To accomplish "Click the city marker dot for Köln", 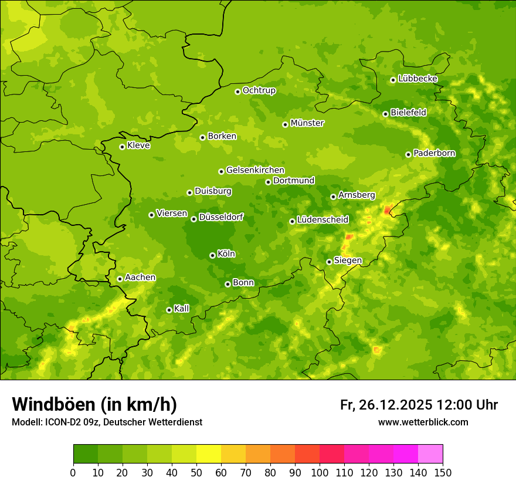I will [x=212, y=255].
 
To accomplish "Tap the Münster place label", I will [x=307, y=123].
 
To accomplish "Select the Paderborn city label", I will [x=434, y=153].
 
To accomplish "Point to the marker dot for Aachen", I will [x=120, y=279].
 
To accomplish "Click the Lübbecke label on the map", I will [x=417, y=79].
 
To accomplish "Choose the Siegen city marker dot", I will [x=329, y=262].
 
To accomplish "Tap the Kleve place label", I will [x=138, y=146].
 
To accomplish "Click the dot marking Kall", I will [x=169, y=310].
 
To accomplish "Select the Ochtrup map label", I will [x=259, y=90].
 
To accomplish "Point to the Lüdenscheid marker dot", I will [x=292, y=221].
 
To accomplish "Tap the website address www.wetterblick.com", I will [x=423, y=422].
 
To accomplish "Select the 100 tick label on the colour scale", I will [x=320, y=472].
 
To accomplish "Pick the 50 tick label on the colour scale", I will [x=196, y=472].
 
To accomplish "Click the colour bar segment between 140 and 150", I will [x=430, y=454].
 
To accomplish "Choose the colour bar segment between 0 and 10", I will [x=86, y=454].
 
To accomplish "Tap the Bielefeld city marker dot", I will [x=385, y=114].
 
